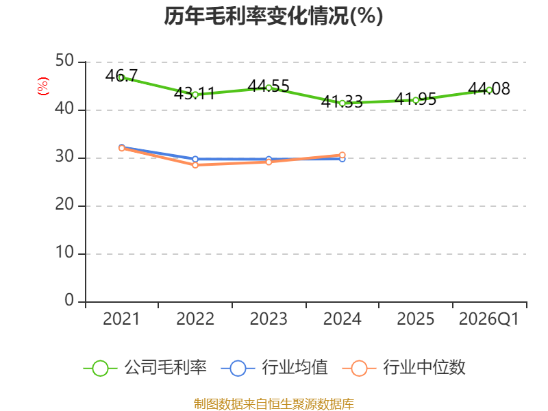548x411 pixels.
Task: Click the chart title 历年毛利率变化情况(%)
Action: click(x=273, y=16)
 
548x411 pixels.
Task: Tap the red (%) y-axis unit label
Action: click(x=43, y=86)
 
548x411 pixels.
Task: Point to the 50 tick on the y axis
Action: click(x=64, y=61)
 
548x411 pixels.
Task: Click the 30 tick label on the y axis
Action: click(x=64, y=157)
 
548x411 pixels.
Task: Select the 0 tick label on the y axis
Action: click(x=69, y=300)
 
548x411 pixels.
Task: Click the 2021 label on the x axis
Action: click(x=121, y=319)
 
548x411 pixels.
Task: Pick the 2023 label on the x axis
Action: click(x=269, y=319)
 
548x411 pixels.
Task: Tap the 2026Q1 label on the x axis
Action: click(x=489, y=319)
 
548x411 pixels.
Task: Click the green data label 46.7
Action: click(x=122, y=75)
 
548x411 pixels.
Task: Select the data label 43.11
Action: click(x=195, y=93)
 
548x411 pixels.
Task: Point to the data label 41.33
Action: click(x=342, y=101)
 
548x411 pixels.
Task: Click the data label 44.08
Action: click(x=489, y=89)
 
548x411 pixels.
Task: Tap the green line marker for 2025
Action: click(x=416, y=100)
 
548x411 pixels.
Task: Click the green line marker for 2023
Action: click(x=269, y=88)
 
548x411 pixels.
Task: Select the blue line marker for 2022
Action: click(x=195, y=159)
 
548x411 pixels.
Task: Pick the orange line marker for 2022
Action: click(x=195, y=165)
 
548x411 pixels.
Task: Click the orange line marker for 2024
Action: click(x=342, y=155)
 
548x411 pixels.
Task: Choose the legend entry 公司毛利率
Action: click(x=145, y=368)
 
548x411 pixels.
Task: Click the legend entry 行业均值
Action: click(x=275, y=368)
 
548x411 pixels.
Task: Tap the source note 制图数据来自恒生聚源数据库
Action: click(x=273, y=404)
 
